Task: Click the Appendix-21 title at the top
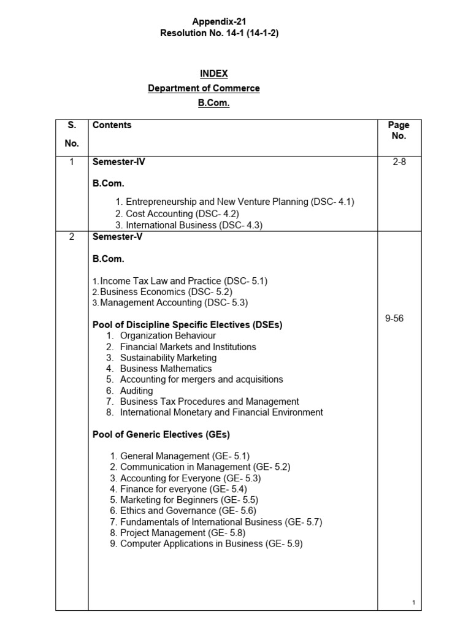[219, 21]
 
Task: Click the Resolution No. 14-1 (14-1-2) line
[219, 33]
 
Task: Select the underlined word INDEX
[213, 74]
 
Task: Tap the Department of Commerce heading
[204, 88]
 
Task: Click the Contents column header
[112, 125]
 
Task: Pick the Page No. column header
[399, 130]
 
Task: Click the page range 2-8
[399, 163]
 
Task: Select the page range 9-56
[394, 319]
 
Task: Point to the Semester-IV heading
[118, 163]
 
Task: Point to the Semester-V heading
[117, 237]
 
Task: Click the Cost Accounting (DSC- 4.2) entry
[182, 213]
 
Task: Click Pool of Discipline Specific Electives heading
[187, 325]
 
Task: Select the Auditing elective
[136, 391]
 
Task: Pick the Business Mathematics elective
[166, 369]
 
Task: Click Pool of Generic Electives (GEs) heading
[161, 435]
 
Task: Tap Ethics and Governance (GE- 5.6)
[188, 511]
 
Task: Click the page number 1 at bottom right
[414, 603]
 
